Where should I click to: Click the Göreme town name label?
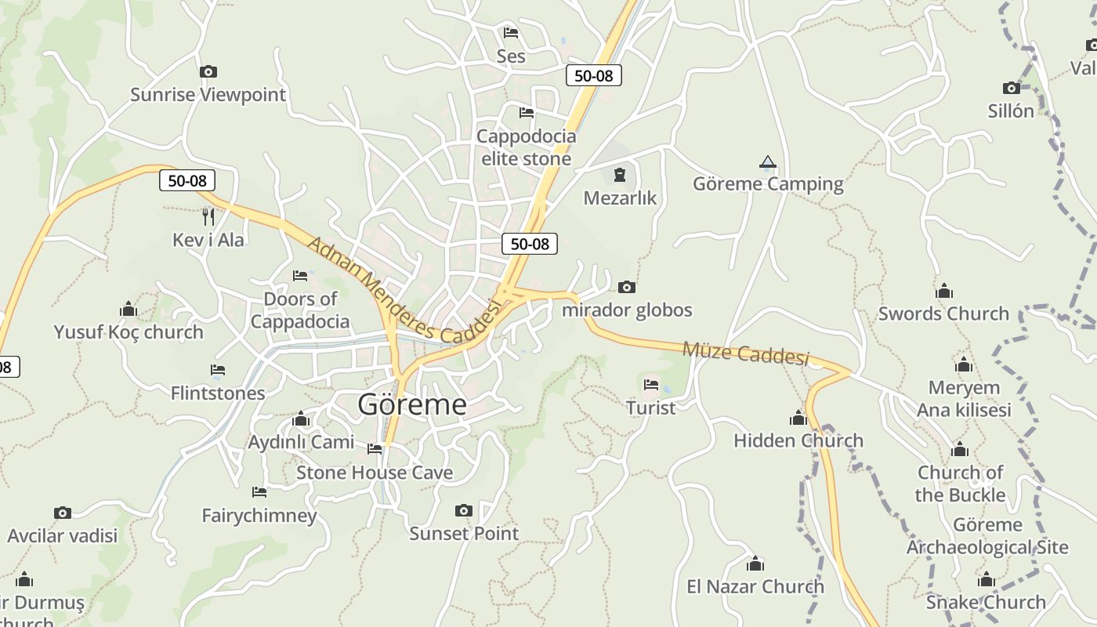(412, 404)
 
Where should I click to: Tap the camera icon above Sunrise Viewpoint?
(208, 72)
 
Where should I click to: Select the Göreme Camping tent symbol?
(768, 162)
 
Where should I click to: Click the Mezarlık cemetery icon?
(620, 175)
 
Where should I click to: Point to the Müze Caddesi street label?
(745, 353)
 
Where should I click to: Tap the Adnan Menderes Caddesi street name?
(404, 292)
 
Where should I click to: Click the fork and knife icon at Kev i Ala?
(208, 216)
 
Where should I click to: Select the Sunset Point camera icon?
(464, 511)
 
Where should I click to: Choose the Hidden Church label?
(798, 440)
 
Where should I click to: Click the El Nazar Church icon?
(755, 564)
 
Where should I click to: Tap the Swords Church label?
(943, 313)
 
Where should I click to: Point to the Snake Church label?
(986, 602)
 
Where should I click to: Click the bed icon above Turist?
(651, 385)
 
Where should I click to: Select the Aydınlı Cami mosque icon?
(301, 420)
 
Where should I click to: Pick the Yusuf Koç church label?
(129, 332)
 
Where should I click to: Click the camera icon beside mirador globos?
(627, 288)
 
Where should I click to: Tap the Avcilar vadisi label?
(63, 535)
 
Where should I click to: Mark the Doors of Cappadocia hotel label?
(300, 310)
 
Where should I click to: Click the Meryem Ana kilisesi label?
(964, 398)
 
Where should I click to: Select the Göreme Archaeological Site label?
(987, 536)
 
